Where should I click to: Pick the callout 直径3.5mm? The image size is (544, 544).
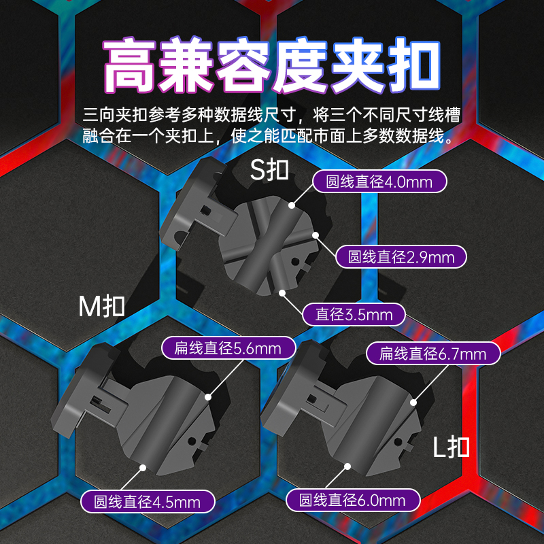[354, 314]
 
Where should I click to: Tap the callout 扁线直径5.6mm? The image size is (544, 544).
[228, 349]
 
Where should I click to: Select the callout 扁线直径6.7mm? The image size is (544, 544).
[433, 353]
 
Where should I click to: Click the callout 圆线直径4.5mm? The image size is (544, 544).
[148, 502]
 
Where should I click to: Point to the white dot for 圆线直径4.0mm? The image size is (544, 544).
[291, 204]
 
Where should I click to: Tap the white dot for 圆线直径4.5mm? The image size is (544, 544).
[143, 466]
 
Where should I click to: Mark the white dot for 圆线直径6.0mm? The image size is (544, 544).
[347, 466]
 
